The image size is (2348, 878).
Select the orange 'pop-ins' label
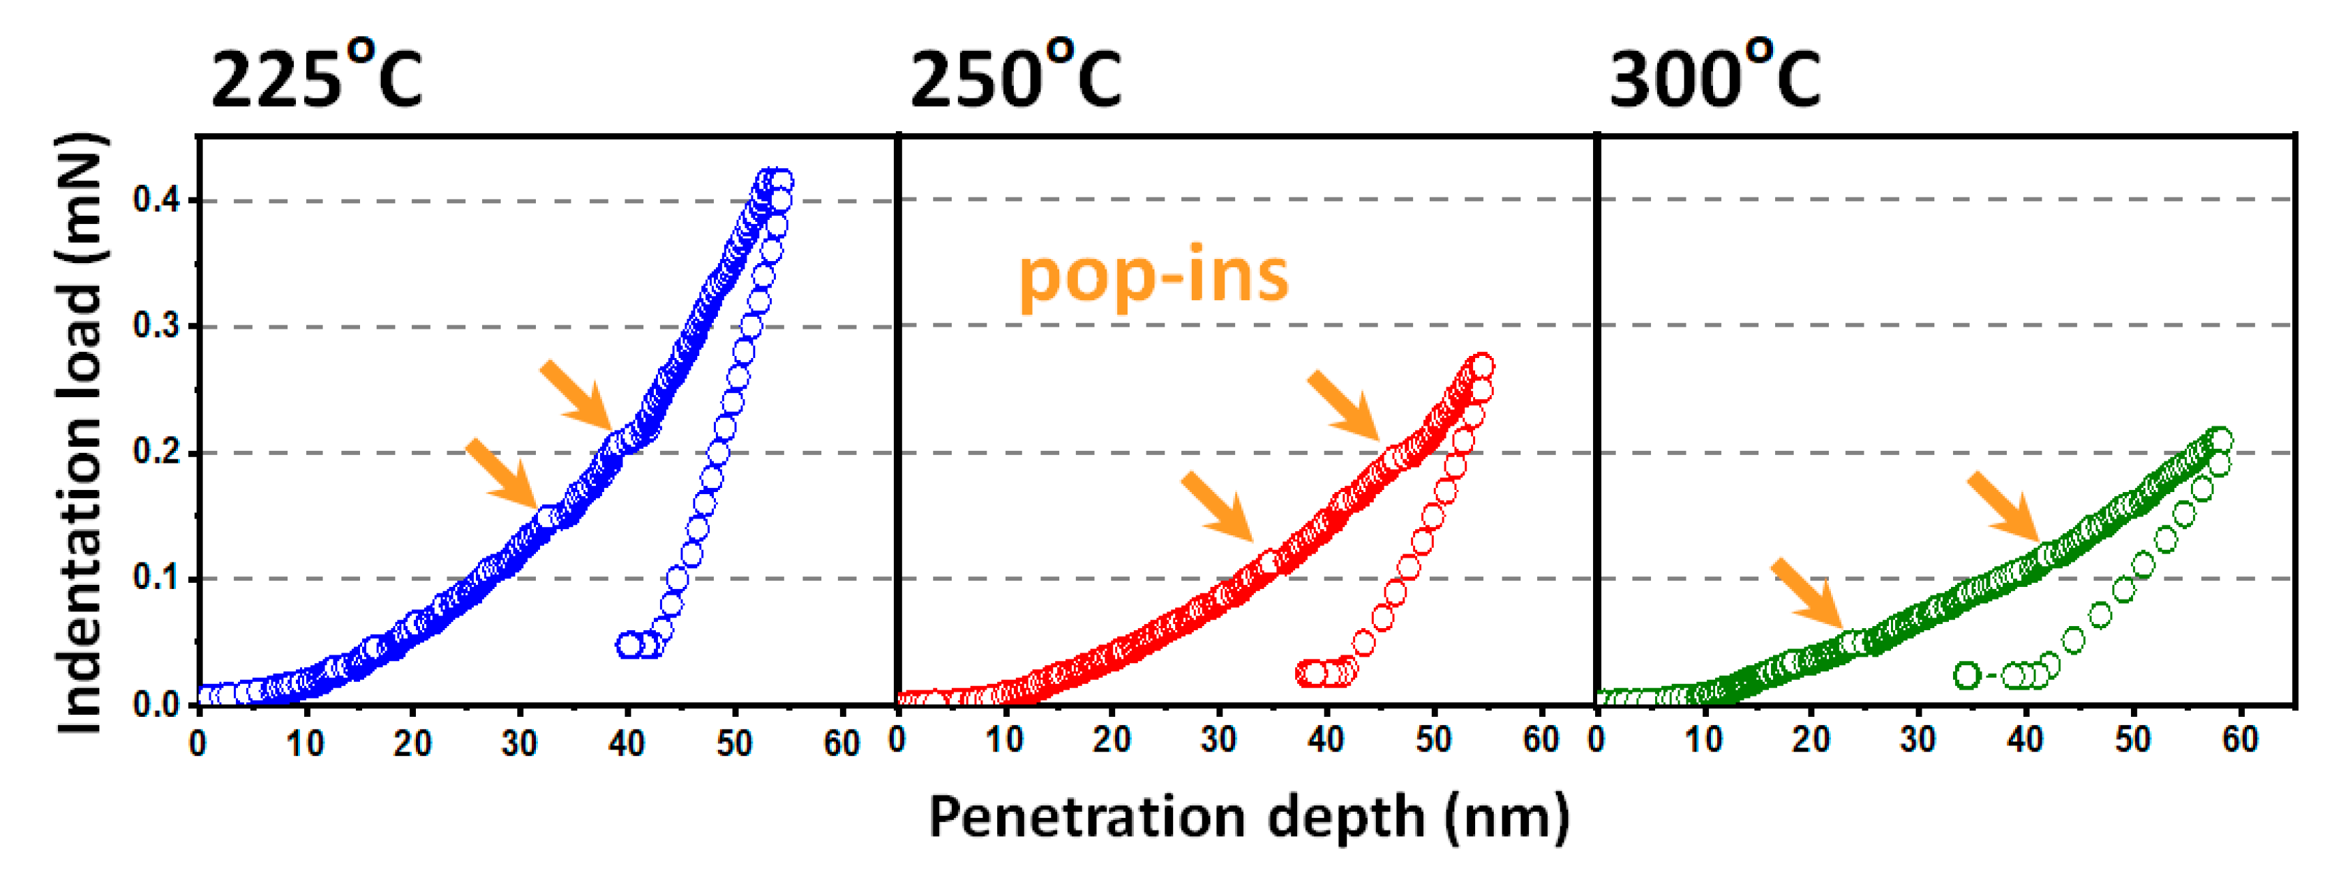1153,276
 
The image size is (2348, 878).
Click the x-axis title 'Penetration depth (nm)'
1249,816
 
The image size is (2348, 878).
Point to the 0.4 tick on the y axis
157,200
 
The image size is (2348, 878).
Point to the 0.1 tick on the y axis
157,578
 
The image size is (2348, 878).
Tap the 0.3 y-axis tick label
157,325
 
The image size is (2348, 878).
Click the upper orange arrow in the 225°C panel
576,396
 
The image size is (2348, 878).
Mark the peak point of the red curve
1482,366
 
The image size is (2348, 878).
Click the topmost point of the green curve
2221,440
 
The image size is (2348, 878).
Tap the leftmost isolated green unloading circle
1967,676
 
